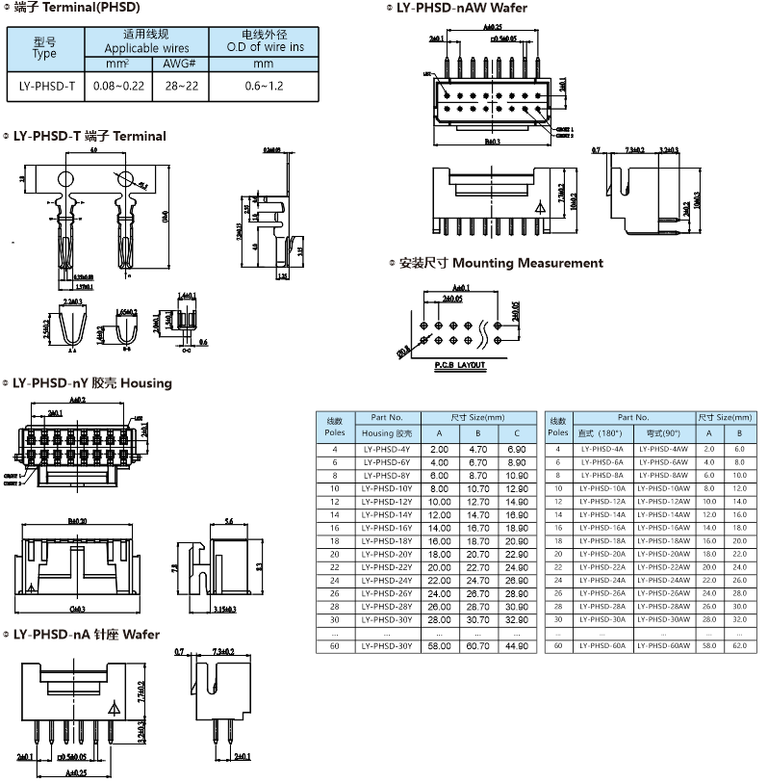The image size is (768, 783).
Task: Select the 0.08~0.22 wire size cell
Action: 118,87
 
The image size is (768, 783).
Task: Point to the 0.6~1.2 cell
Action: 263,87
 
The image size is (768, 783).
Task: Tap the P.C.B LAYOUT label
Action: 459,366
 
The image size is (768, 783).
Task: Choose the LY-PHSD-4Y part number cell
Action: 386,450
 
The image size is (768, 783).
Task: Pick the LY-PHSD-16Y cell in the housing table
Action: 386,529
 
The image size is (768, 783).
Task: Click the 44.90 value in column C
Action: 517,646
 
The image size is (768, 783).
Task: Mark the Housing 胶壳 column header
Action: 386,433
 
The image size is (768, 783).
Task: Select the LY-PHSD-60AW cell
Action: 664,646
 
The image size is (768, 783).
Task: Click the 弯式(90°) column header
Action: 664,433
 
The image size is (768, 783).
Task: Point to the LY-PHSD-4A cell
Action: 603,450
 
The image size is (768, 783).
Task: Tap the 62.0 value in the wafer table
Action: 739,646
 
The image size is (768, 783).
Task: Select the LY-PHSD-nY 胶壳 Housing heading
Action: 91,383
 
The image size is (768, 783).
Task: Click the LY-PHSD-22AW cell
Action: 664,567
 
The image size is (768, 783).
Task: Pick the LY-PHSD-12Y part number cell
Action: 386,502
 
